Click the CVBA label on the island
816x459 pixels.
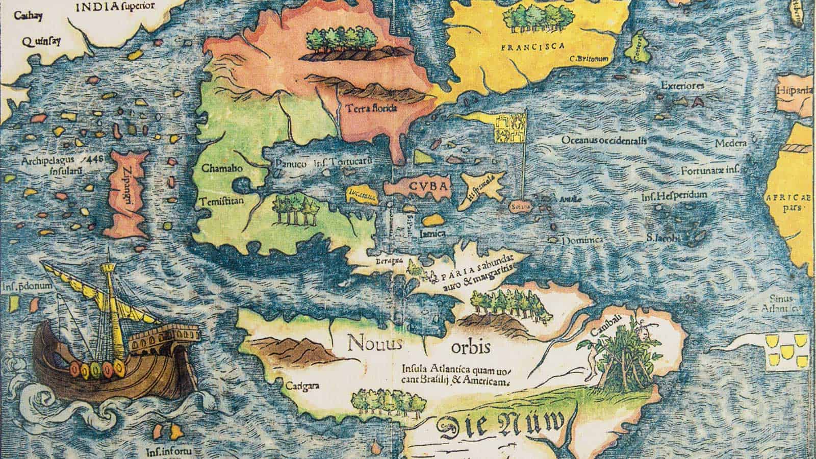click(428, 186)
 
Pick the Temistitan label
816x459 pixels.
click(223, 200)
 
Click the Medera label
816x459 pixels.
click(730, 143)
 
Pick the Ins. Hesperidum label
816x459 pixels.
click(674, 195)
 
